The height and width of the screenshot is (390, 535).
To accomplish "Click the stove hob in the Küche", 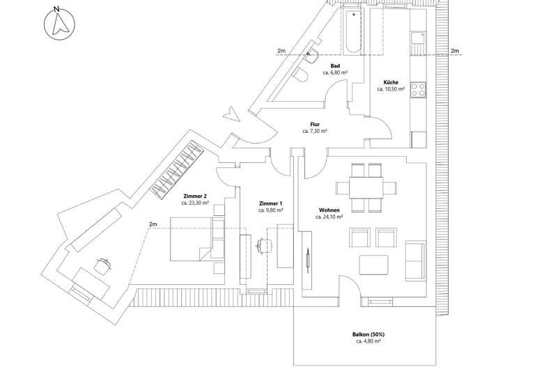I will click(419, 89).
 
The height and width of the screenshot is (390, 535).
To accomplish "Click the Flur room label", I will click(315, 124).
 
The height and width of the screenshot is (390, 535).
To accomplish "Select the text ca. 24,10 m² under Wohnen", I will click(329, 217).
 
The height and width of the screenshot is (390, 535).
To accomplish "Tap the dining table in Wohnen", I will click(366, 187).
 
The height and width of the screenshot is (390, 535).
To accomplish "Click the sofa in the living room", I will click(416, 259).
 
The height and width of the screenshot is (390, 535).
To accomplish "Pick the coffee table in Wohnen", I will click(373, 265).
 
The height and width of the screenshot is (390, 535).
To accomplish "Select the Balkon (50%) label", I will click(368, 334).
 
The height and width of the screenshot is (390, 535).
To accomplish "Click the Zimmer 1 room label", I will click(270, 203).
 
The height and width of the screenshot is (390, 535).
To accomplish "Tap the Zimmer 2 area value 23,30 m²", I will click(195, 203).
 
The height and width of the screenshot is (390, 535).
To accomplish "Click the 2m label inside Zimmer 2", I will click(153, 224).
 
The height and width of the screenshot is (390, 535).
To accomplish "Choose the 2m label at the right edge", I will click(455, 51).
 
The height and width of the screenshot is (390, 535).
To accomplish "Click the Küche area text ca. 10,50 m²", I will click(391, 89).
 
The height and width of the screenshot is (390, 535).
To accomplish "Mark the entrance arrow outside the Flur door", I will click(228, 113).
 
